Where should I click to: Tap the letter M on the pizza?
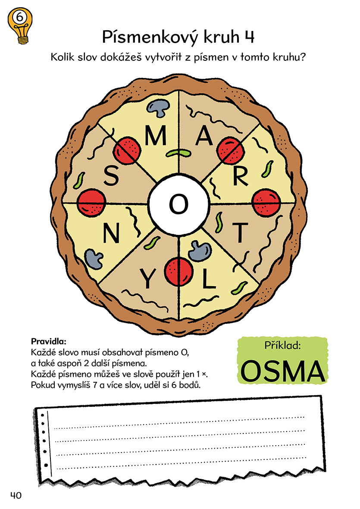click(156, 135)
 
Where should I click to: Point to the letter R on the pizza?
click(240, 176)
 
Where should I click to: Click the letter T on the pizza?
click(240, 233)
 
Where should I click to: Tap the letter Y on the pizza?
click(147, 279)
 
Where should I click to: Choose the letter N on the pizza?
click(111, 234)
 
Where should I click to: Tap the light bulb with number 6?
click(20, 25)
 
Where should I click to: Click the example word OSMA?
click(282, 372)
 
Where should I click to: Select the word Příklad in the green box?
click(282, 345)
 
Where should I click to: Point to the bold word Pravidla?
click(48, 341)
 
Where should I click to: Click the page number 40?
click(16, 495)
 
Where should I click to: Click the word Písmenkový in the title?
click(150, 37)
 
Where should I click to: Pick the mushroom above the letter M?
click(158, 107)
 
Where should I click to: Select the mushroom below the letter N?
click(94, 259)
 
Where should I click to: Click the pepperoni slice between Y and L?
click(179, 272)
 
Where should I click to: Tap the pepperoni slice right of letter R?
click(266, 203)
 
